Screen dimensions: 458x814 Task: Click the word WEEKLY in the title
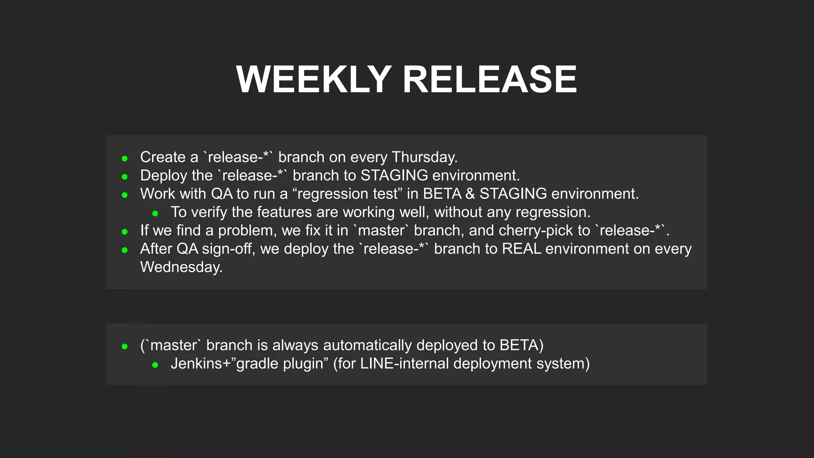(314, 80)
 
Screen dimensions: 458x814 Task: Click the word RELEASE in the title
(490, 80)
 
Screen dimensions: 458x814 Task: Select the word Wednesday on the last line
(181, 267)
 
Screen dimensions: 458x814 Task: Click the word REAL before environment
(521, 249)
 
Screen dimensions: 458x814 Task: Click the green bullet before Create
(125, 159)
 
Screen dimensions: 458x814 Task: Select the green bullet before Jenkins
(155, 365)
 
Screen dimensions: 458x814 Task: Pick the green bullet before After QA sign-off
(125, 250)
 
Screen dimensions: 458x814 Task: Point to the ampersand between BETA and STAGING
(470, 194)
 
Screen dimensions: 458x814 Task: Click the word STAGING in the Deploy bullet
(394, 176)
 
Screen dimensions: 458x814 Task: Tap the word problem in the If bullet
(247, 231)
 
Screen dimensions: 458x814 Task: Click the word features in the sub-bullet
(284, 212)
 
